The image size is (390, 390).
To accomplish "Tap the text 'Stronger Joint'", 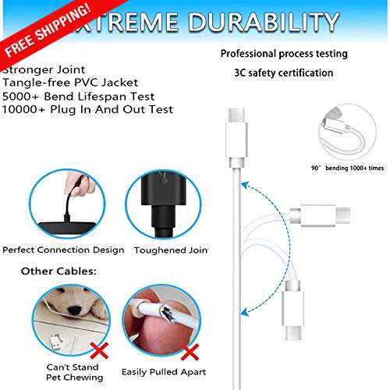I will pyautogui.click(x=39, y=69).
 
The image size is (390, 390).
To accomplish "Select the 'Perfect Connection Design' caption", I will pyautogui.click(x=62, y=250).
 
